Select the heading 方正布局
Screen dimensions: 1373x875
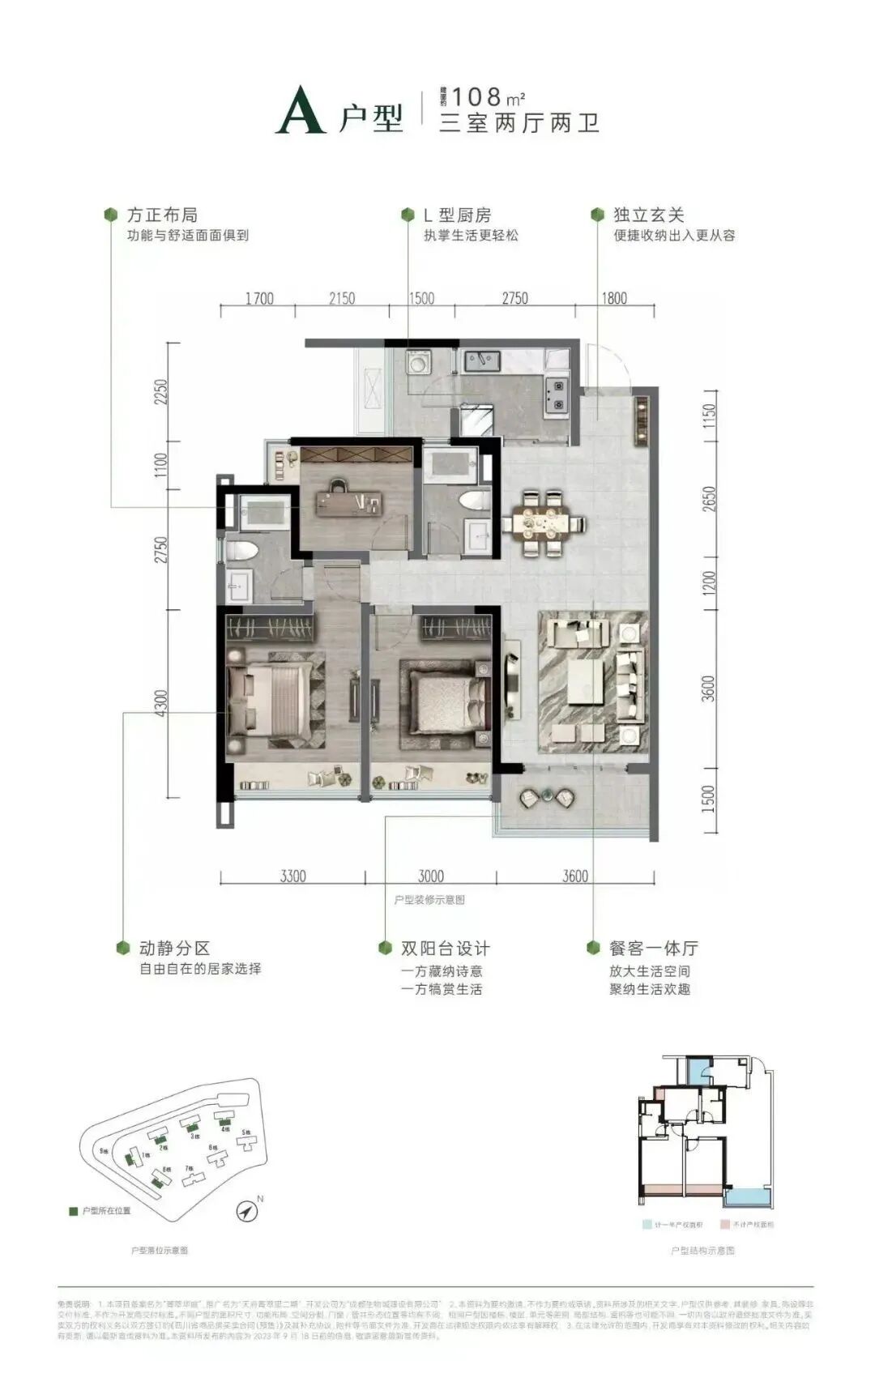162,215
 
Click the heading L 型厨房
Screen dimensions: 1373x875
457,215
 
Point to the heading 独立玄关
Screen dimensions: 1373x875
649,215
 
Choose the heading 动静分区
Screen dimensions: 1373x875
174,948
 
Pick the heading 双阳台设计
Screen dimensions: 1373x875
445,948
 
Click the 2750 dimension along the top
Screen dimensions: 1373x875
514,298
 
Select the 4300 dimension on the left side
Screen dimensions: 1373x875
161,703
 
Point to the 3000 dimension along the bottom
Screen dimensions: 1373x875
431,876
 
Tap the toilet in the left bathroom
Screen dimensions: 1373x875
242,552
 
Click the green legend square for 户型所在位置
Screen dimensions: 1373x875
73,1212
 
